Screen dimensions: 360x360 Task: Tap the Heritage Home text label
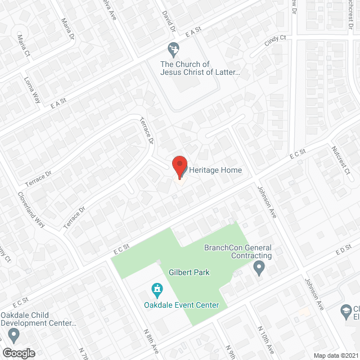pos(216,170)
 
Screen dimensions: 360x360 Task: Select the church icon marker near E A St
pos(173,49)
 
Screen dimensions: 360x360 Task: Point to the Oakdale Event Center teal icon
pos(157,290)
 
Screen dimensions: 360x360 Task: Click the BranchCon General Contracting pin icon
pos(259,268)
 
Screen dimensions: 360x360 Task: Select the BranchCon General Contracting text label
pos(238,251)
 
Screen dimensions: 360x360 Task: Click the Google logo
pos(18,353)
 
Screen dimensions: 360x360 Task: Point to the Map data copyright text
pos(336,355)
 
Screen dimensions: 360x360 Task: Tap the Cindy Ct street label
pos(276,42)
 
